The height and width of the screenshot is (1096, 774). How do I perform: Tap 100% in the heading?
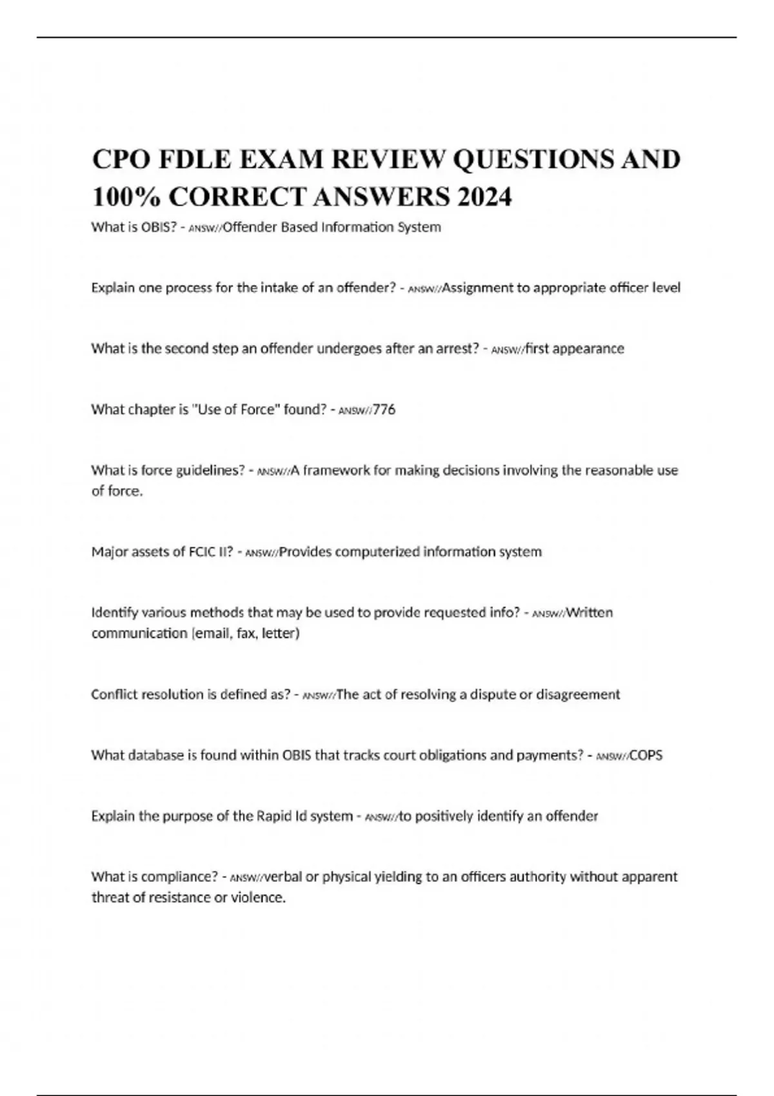pos(126,197)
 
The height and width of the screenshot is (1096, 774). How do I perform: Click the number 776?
pos(384,409)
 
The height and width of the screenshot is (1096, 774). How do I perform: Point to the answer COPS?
pos(646,755)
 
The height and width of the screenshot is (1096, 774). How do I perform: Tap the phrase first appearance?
pos(575,349)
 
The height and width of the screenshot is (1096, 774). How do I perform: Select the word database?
pos(154,755)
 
